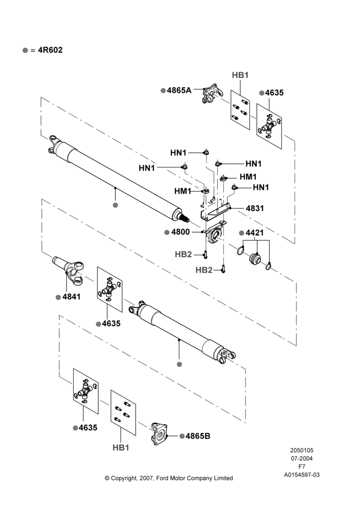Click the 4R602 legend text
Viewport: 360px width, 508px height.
pos(50,50)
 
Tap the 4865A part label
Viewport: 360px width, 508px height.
pos(179,90)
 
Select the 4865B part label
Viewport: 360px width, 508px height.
pos(198,436)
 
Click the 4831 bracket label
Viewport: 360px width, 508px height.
pos(255,208)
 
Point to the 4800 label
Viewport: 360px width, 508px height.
pos(181,232)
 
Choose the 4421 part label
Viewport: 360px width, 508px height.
pos(255,233)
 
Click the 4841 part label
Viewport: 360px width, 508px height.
pos(71,297)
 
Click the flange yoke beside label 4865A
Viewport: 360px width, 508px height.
pos(213,93)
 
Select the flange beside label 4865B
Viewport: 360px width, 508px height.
pos(160,433)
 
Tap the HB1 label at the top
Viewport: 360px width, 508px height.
pos(240,75)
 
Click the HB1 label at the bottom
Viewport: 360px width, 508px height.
pos(121,448)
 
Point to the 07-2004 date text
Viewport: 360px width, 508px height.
pos(302,458)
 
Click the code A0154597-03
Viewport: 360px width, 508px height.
pos(302,475)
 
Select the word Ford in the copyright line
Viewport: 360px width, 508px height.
pos(162,478)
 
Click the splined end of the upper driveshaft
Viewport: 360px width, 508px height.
pos(185,218)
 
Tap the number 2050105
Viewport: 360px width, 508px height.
pos(302,450)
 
